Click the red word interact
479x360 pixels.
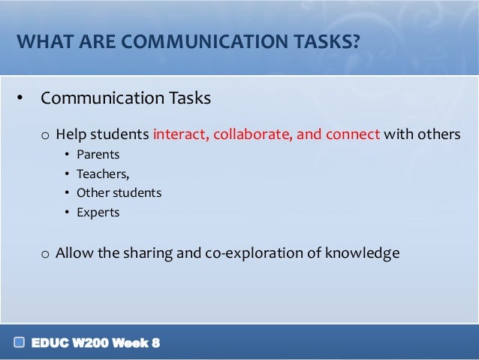pos(179,135)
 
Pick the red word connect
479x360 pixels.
pos(353,135)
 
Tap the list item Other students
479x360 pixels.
pos(119,193)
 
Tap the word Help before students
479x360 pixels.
pos(71,135)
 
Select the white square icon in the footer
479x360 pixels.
pos(19,343)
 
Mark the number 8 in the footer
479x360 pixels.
pos(155,343)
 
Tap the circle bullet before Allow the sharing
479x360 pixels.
pos(46,254)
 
